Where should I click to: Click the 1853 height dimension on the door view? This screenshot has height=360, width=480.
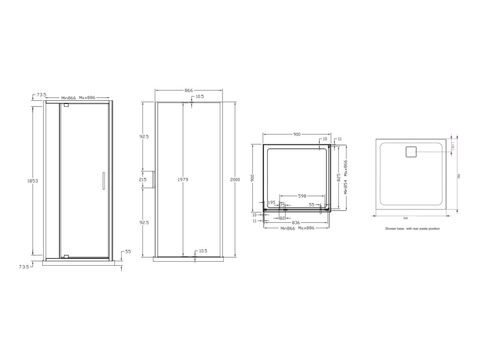(33, 181)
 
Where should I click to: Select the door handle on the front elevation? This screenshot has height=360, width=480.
(103, 181)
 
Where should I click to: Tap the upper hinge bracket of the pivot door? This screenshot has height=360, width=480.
(66, 105)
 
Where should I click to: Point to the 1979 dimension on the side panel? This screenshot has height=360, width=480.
(183, 180)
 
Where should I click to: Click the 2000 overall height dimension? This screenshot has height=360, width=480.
(235, 180)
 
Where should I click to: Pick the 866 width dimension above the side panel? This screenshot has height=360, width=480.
(189, 91)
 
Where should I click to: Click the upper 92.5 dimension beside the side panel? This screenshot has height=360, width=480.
(144, 136)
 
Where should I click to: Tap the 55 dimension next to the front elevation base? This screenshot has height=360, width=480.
(128, 252)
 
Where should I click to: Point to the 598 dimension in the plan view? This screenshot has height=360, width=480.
(302, 196)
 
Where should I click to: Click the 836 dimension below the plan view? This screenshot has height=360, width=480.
(296, 223)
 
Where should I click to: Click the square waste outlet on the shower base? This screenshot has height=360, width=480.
(411, 152)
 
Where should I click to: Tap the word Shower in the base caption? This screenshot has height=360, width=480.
(390, 229)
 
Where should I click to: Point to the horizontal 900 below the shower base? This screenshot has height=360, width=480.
(406, 218)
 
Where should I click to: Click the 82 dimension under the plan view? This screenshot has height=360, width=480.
(282, 218)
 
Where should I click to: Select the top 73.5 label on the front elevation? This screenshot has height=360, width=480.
(41, 95)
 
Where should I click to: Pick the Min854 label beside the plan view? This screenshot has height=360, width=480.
(346, 186)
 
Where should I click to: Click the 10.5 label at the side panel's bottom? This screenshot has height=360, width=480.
(203, 251)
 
